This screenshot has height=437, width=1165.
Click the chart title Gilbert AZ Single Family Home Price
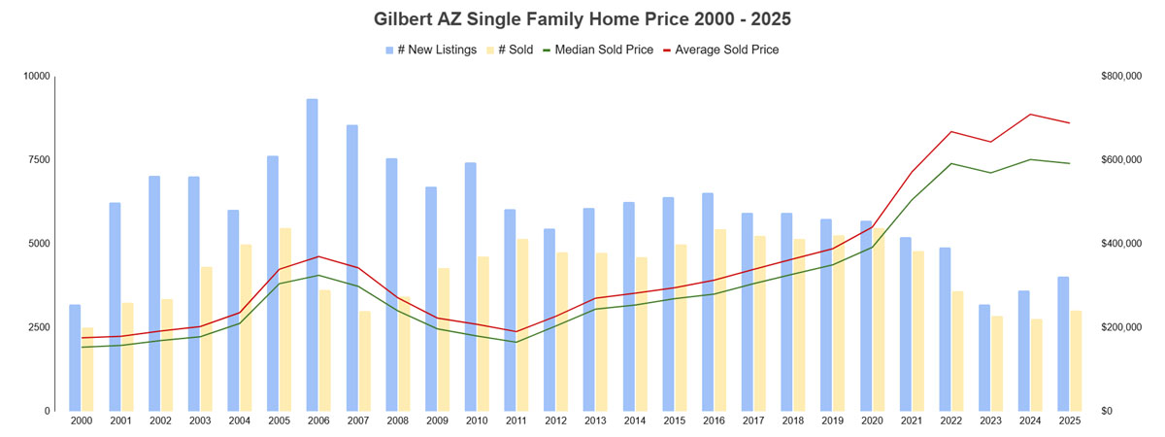[x=582, y=18]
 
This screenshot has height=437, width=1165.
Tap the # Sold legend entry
[x=510, y=50]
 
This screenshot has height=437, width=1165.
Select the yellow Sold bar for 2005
[x=284, y=319]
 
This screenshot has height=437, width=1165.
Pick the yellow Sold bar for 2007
[x=364, y=360]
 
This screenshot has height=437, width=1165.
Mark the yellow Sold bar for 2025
[x=1076, y=360]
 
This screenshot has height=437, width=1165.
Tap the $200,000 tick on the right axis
[x=1120, y=327]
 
